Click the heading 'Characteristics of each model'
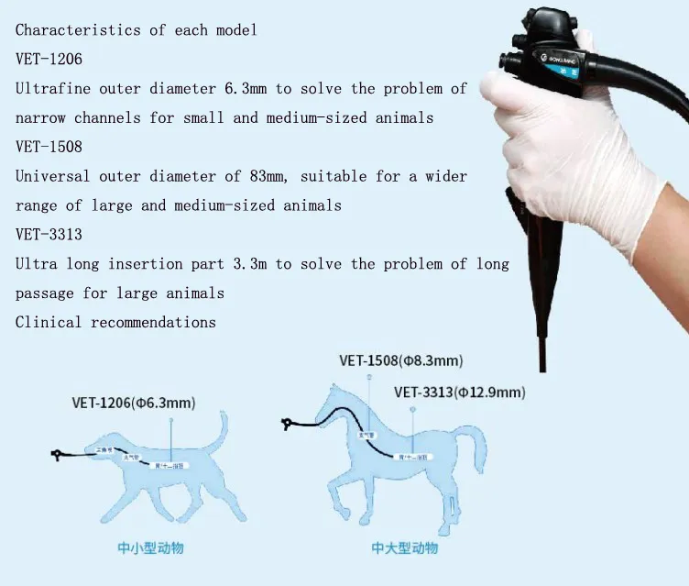click(x=136, y=30)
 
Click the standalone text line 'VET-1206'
click(x=49, y=60)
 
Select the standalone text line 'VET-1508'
click(x=49, y=147)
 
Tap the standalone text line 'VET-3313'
click(x=49, y=235)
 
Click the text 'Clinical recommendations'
click(x=115, y=323)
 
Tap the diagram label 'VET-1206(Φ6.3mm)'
click(x=134, y=402)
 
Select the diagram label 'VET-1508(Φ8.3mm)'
click(x=400, y=360)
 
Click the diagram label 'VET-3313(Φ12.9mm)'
click(x=459, y=393)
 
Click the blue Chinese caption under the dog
click(x=157, y=548)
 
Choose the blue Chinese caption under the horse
click(x=404, y=547)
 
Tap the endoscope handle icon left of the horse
click(x=289, y=424)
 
